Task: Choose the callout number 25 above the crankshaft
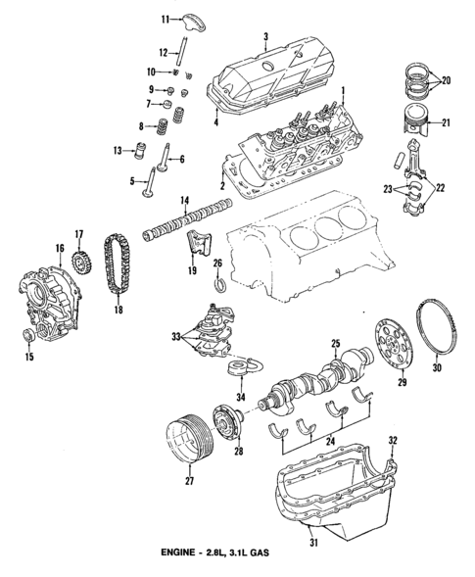click(335, 344)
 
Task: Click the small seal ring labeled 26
click(219, 285)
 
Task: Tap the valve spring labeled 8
click(155, 126)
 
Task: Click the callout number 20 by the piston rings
click(448, 81)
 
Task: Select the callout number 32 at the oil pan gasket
click(394, 439)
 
